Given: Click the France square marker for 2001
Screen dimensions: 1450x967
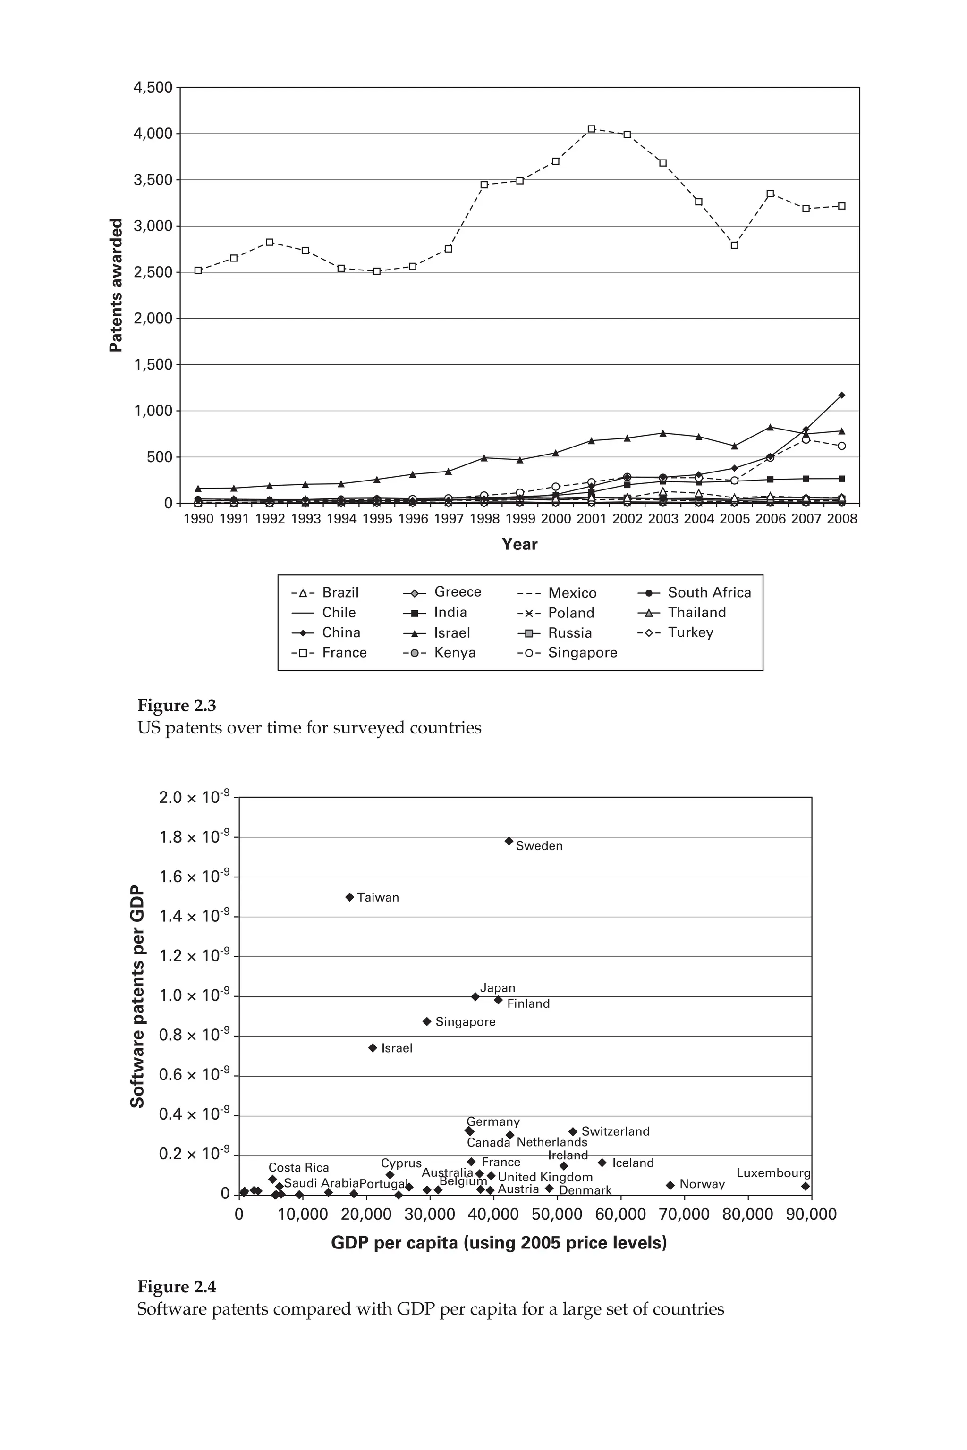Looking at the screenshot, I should (x=592, y=129).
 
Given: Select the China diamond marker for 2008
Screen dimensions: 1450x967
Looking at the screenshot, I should (x=841, y=395).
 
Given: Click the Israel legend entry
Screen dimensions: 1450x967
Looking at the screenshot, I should (x=437, y=632).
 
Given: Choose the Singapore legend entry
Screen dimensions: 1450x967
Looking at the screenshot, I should (x=568, y=652).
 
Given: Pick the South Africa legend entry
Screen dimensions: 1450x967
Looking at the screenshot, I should (x=695, y=592).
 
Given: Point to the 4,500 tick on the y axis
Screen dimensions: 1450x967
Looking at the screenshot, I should (x=153, y=87).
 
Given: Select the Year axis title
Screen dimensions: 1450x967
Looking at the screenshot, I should (x=519, y=544).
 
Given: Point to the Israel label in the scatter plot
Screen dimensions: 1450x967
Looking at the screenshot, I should (x=397, y=1048).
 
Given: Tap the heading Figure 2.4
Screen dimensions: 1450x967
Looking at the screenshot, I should (x=177, y=1287).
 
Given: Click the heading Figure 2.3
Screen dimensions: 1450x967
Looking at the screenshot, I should (x=177, y=705).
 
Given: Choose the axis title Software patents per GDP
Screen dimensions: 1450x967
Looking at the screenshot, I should (x=137, y=997).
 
